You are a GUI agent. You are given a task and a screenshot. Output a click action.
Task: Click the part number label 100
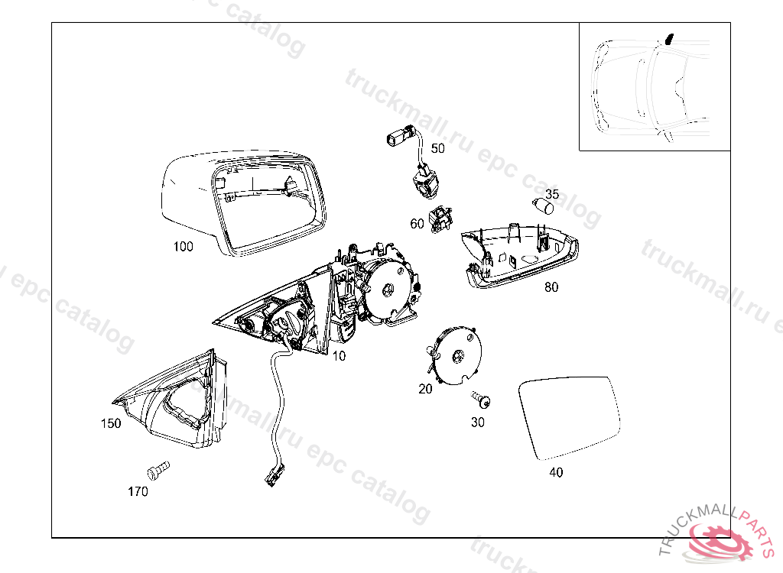[183, 247]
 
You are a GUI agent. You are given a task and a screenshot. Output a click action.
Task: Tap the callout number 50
[437, 148]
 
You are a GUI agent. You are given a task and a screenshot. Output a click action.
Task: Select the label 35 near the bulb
[552, 193]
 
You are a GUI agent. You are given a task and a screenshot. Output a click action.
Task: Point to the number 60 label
[417, 224]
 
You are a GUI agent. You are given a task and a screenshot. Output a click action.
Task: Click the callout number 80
[551, 287]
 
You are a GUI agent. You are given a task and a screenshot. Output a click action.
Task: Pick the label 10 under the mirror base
[339, 356]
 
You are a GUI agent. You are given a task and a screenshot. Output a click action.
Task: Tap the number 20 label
[425, 389]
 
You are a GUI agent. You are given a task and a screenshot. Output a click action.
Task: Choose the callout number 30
[477, 422]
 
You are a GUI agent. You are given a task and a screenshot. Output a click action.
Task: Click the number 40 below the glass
[556, 472]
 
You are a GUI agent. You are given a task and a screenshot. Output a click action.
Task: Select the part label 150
[111, 423]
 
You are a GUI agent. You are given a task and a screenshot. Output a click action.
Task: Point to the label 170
[138, 492]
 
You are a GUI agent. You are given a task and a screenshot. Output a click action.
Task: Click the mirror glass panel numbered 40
[569, 418]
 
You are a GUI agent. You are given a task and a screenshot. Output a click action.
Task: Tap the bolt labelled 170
[158, 470]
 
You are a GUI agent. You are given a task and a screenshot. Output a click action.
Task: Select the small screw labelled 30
[482, 400]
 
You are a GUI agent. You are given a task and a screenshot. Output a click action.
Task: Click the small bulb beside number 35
[542, 206]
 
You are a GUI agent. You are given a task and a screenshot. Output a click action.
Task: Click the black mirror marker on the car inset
[670, 38]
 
